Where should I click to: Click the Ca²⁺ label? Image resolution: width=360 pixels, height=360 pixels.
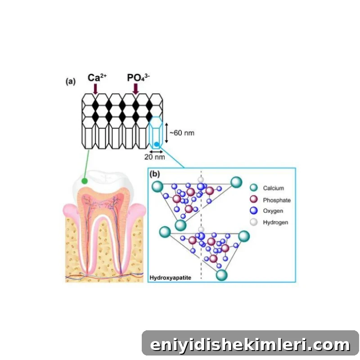pos(97,77)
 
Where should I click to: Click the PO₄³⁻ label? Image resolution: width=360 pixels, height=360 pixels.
pos(139,77)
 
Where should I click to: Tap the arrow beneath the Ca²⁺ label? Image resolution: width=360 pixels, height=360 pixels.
pos(95,89)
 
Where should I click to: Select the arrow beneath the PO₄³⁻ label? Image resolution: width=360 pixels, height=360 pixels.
pos(136,89)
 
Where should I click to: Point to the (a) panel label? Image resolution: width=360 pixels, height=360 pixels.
pos(71,81)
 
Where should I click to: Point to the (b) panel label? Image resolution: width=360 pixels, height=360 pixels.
pos(155,174)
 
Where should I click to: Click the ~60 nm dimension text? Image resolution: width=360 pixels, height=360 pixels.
pos(182,133)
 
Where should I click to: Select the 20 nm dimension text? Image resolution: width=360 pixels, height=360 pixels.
pos(154,157)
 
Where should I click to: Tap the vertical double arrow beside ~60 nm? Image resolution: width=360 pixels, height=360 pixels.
pos(166,133)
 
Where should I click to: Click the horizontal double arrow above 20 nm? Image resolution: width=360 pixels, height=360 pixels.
pos(156,152)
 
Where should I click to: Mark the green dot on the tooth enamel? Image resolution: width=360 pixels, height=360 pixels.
pos(85,181)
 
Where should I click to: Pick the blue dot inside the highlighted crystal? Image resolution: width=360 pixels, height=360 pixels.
pos(157,144)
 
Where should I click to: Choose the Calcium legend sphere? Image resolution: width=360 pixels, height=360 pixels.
pos(254,188)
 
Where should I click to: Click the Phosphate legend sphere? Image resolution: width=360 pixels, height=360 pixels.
pos(254,199)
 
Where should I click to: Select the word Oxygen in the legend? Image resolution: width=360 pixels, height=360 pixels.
pos(273,211)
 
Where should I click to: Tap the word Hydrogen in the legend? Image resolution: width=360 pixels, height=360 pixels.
pos(275,222)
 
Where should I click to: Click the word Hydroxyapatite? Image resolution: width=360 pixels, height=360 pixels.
pos(171,278)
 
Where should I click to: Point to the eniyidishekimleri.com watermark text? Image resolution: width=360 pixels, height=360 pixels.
pos(250,345)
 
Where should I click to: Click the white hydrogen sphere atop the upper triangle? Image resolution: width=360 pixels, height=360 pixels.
pos(201,180)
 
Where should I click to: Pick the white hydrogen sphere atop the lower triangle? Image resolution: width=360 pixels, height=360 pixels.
pos(201,229)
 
